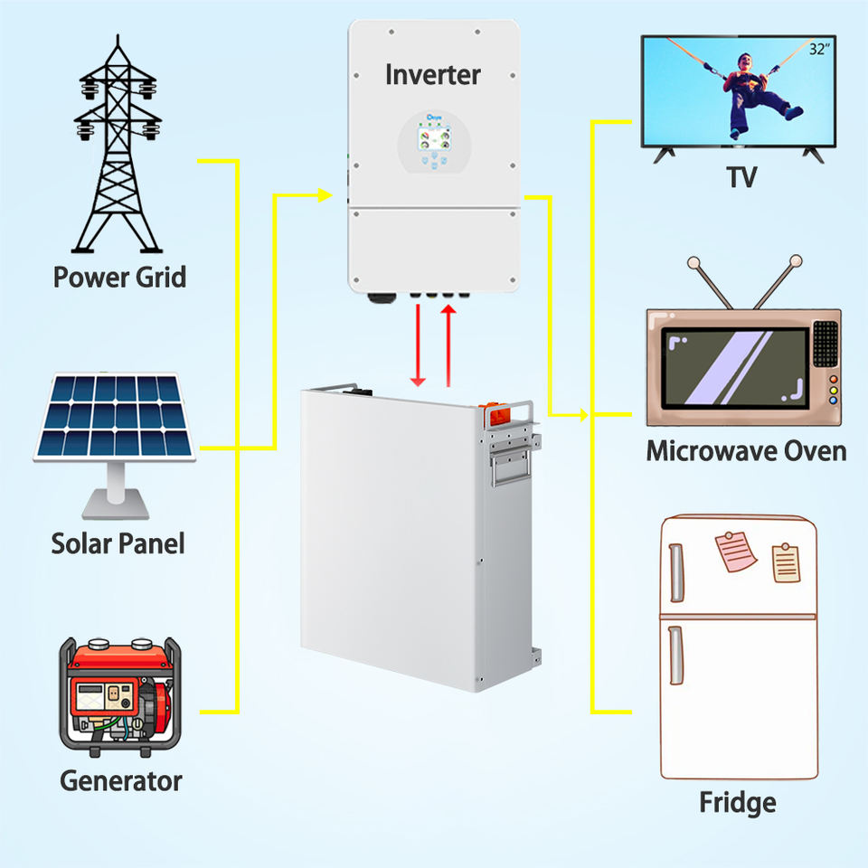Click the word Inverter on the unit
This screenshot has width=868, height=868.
pos(432,74)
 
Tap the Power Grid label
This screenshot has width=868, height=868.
pos(119,276)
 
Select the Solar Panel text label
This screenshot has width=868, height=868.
pos(118,543)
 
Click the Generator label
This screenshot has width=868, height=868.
pos(121,780)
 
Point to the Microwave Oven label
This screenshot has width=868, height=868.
pos(746,451)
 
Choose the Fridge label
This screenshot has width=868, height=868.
pos(737,802)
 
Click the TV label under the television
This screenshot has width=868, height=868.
pos(741,177)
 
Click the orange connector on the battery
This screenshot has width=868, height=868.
pos(500,415)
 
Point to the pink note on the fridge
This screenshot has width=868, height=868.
pos(735,552)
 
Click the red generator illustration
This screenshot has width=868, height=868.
pos(119,696)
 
